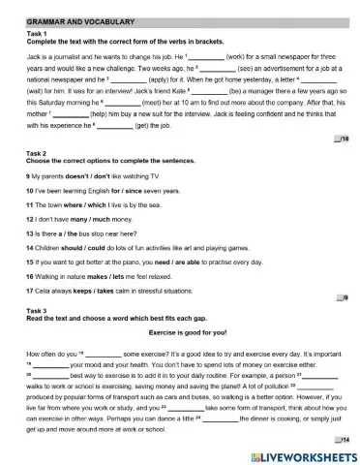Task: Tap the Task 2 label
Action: tap(37, 153)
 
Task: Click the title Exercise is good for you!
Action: tap(181, 331)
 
